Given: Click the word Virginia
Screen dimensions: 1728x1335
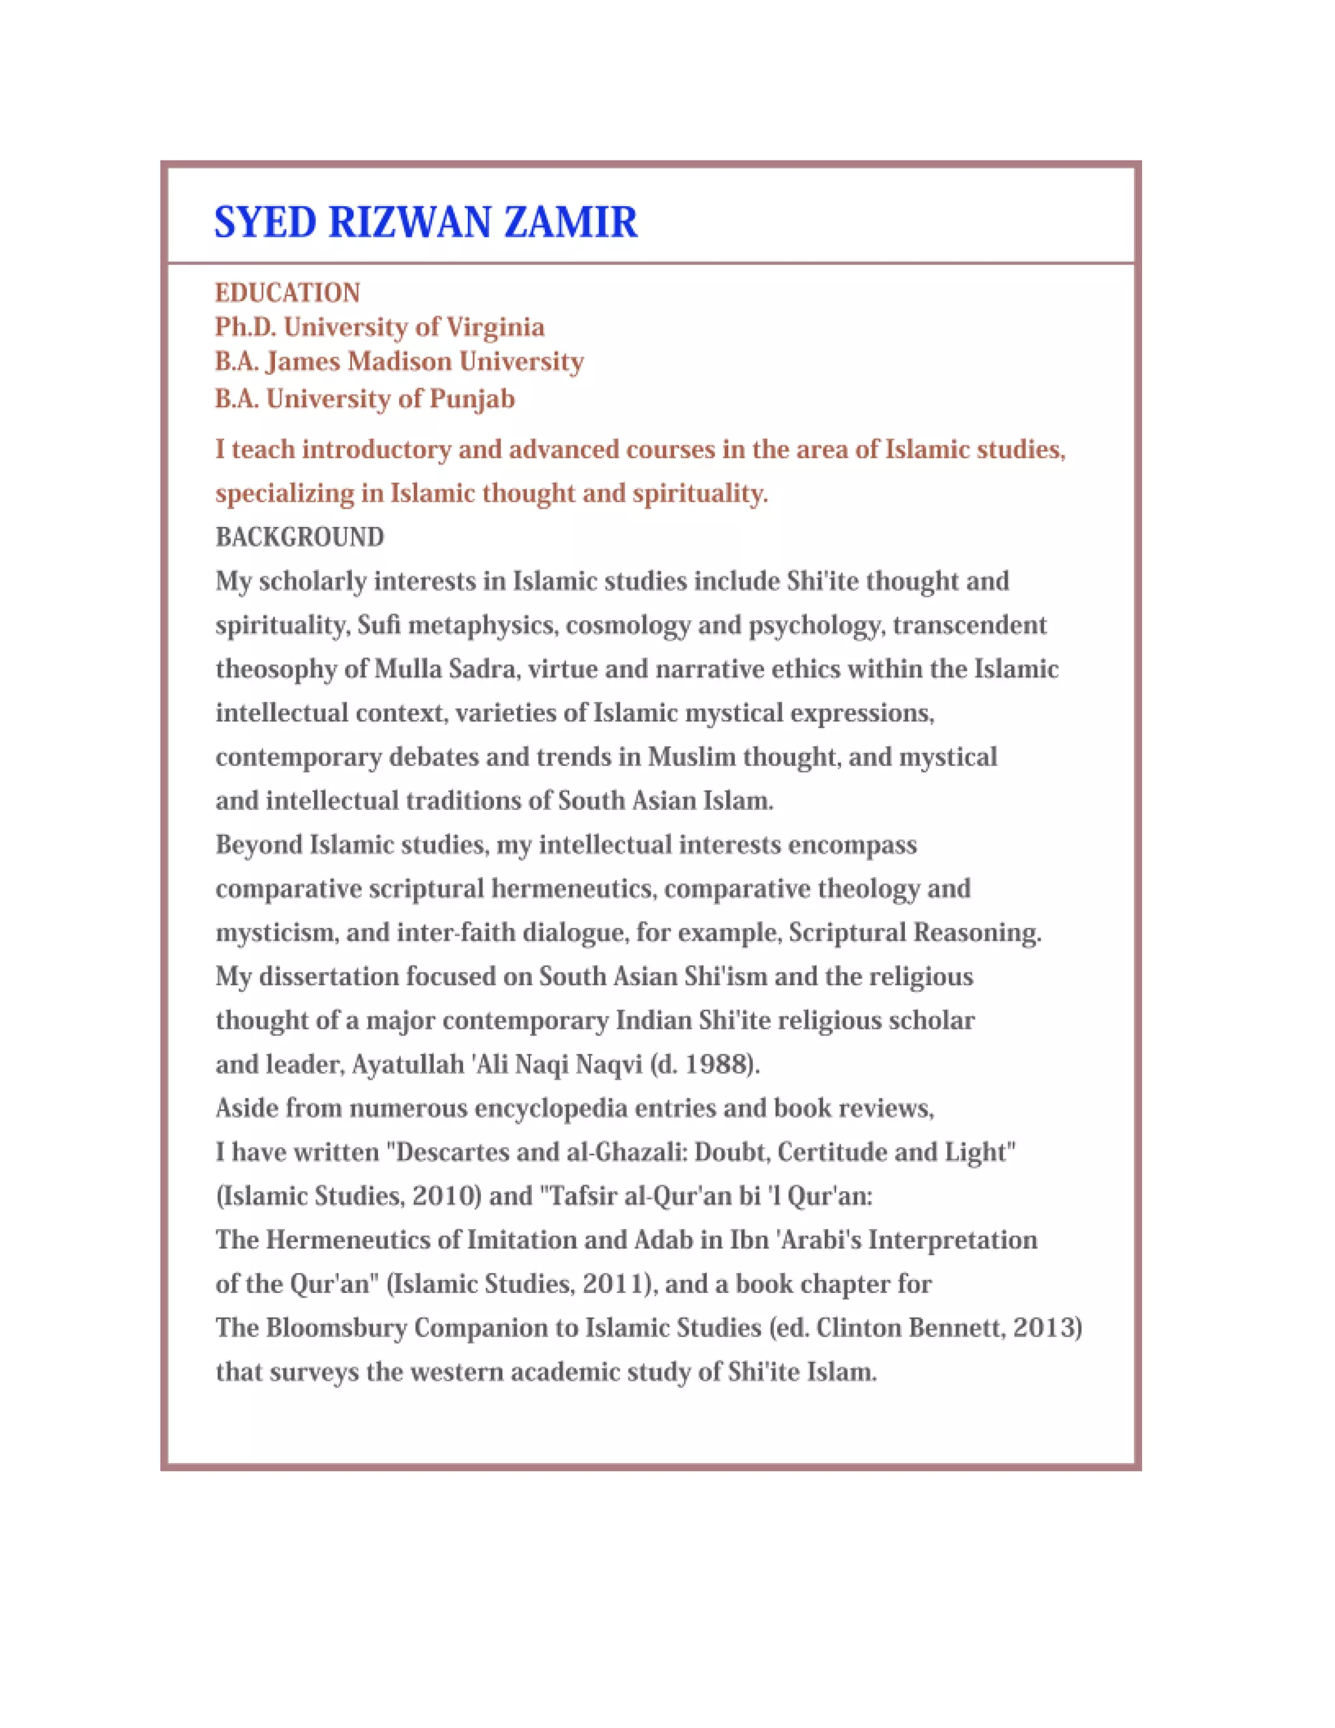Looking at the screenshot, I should [496, 327].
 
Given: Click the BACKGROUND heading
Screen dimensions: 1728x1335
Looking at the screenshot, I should [300, 537].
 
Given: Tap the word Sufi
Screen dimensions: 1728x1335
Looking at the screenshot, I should [379, 625].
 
